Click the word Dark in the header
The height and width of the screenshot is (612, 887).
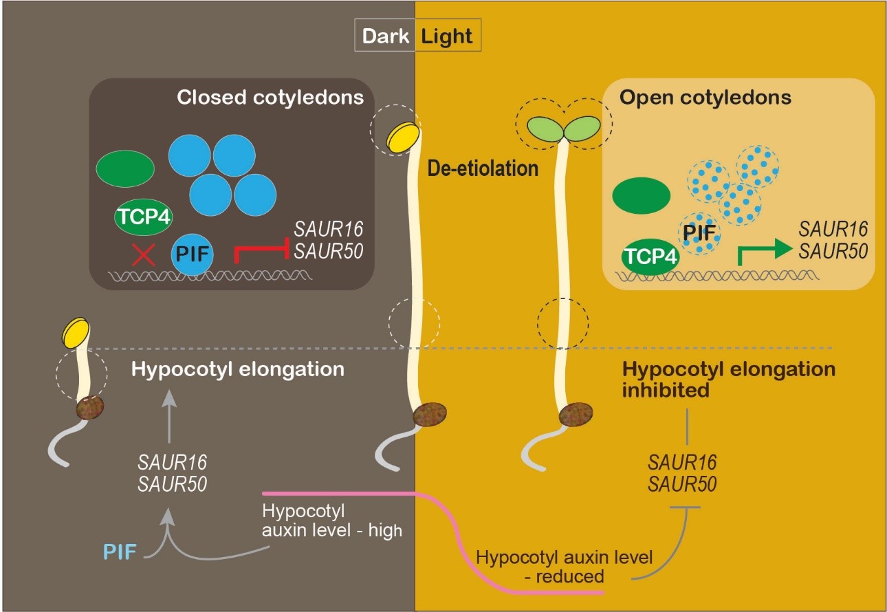point(384,36)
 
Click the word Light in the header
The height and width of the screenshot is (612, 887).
point(447,36)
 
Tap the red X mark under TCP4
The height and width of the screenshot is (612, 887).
point(143,256)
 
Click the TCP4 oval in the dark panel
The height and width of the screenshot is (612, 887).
point(143,218)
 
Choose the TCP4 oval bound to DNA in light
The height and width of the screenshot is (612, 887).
point(650,258)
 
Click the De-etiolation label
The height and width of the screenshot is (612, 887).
point(483,167)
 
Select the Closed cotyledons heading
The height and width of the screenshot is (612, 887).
point(270,98)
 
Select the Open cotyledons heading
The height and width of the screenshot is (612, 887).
point(705,98)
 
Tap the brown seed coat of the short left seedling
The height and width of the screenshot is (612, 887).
point(90,406)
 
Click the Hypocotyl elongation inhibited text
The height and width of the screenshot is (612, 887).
point(729,378)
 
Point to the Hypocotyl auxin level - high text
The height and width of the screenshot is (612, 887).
point(331,522)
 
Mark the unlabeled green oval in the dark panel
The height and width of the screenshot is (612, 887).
point(125,168)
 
